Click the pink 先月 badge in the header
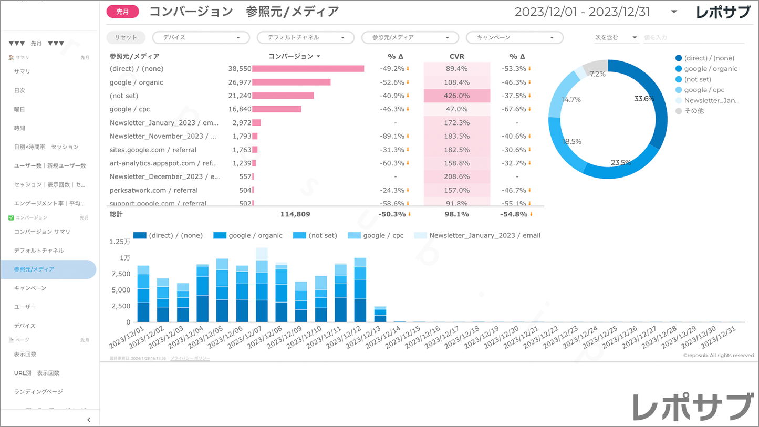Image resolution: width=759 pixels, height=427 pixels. click(122, 12)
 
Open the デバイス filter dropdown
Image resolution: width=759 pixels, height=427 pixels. click(201, 38)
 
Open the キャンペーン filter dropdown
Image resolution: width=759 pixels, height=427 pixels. click(514, 38)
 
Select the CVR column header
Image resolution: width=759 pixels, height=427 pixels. click(456, 56)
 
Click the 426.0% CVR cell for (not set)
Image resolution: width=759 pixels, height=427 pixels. click(456, 96)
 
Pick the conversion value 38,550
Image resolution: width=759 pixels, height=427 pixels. click(240, 69)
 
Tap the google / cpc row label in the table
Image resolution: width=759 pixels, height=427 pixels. click(130, 109)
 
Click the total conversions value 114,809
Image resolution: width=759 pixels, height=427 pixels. click(295, 214)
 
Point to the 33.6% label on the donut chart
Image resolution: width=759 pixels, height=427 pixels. click(644, 99)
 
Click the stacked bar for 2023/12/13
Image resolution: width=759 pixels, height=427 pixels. click(380, 314)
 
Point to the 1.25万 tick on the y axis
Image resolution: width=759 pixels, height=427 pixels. click(119, 242)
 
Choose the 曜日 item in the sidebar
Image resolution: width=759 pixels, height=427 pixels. click(19, 109)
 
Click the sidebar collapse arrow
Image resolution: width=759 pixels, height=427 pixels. click(89, 420)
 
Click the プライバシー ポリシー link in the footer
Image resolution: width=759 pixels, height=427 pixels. click(190, 358)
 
